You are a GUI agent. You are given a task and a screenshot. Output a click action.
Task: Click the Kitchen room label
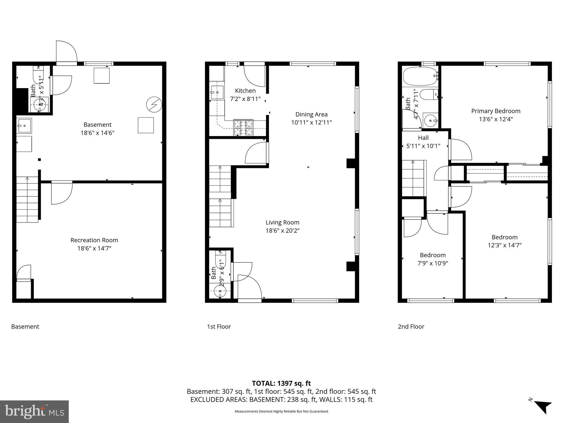coord(245,91)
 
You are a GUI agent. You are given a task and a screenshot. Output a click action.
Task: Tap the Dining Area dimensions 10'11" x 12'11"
coord(311,123)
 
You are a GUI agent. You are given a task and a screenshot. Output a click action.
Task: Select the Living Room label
coord(282,223)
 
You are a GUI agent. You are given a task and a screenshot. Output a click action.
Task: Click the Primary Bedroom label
coord(496,111)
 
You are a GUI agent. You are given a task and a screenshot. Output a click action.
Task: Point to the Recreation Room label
coord(94,240)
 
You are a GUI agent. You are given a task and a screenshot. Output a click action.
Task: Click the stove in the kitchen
coord(243,128)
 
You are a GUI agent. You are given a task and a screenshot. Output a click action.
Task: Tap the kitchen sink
coord(217,92)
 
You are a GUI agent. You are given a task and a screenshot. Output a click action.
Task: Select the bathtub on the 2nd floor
coord(420,76)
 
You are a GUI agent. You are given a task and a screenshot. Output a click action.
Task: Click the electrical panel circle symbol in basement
coord(154,104)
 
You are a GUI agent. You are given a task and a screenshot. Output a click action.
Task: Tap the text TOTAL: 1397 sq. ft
coord(281,383)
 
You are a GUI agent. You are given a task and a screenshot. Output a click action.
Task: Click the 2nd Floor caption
coord(411,327)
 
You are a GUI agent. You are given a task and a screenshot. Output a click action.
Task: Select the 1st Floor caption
coord(219,327)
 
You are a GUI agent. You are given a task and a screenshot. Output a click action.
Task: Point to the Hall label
coord(423,138)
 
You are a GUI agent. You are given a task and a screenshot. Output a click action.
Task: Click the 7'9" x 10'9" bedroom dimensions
coord(433,263)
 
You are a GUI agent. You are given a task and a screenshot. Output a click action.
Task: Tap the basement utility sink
coord(24,126)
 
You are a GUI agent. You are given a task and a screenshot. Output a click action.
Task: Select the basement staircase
coord(27,200)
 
